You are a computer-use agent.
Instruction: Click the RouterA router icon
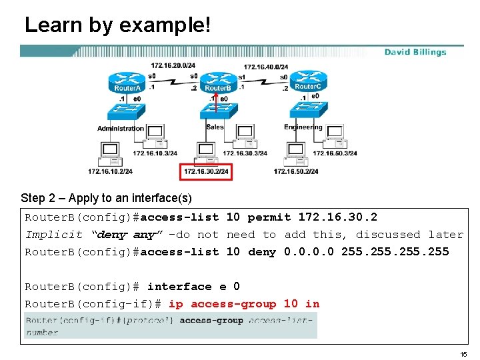[127, 83]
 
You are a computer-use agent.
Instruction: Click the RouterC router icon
[308, 82]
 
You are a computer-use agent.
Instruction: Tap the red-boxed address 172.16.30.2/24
[206, 172]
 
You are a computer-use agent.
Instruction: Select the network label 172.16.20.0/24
[173, 65]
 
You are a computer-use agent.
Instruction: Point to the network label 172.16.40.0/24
[266, 67]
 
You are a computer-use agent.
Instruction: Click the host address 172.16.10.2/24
[110, 172]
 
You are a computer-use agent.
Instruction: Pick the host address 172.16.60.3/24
[335, 153]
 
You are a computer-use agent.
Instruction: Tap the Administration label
[121, 128]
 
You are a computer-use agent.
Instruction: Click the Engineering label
[303, 127]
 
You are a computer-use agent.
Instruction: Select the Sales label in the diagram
[215, 127]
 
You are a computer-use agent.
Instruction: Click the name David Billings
[415, 52]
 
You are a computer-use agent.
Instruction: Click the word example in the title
[163, 25]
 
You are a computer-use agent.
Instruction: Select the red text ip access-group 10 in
[244, 304]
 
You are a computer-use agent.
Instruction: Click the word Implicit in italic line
[54, 235]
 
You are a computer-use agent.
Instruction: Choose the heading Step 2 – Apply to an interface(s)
[106, 198]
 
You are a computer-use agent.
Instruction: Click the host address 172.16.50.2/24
[296, 172]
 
